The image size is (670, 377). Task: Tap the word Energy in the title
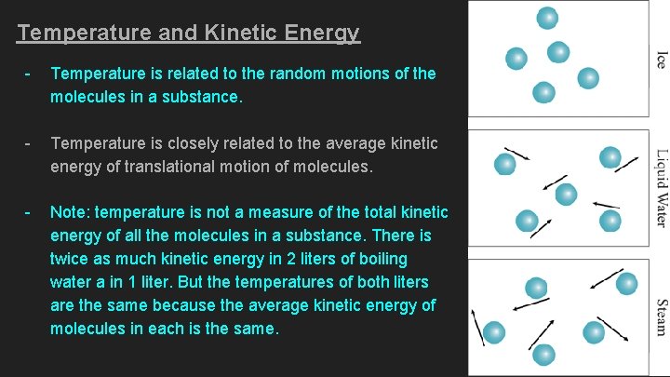click(x=322, y=34)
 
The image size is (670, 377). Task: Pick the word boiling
click(x=377, y=259)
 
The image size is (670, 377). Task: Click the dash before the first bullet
click(x=29, y=74)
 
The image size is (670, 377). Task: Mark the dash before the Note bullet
click(x=29, y=213)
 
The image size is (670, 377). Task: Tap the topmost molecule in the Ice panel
click(x=547, y=18)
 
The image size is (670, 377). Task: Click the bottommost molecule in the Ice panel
click(x=543, y=93)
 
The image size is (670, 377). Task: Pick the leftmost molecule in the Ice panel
click(x=516, y=59)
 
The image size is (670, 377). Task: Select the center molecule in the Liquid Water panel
click(x=566, y=195)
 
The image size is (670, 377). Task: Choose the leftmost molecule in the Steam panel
click(x=494, y=331)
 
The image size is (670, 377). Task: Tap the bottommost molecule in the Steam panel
click(x=544, y=355)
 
